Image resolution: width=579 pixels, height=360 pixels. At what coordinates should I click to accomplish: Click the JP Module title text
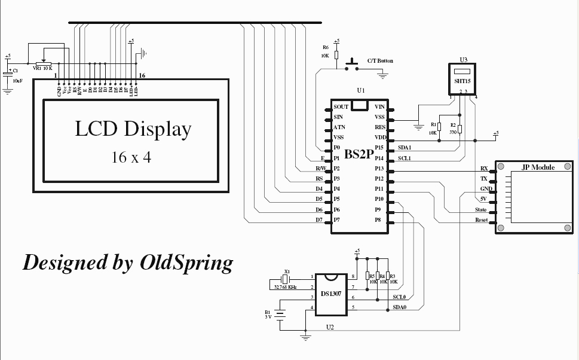tap(538, 167)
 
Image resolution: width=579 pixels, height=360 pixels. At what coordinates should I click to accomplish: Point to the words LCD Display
tap(133, 129)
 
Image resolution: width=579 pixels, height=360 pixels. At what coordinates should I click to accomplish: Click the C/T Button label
tap(380, 61)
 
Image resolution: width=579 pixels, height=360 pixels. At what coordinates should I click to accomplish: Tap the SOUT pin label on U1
tap(341, 107)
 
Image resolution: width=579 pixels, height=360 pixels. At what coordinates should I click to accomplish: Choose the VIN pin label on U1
tap(379, 107)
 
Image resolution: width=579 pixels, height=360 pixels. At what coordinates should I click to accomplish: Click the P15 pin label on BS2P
tap(379, 148)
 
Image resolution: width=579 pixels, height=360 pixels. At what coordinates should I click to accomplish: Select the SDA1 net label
tap(405, 148)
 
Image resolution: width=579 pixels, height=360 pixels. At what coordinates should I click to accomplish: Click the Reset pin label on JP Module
tap(481, 220)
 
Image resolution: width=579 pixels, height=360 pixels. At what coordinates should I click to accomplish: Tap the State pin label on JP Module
tap(480, 210)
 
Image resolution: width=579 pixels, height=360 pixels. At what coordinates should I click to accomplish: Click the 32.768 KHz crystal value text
tap(286, 288)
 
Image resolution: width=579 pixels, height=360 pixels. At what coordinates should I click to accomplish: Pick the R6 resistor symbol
tap(336, 55)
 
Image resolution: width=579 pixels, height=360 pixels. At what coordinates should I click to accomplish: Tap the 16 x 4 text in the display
tap(130, 157)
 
